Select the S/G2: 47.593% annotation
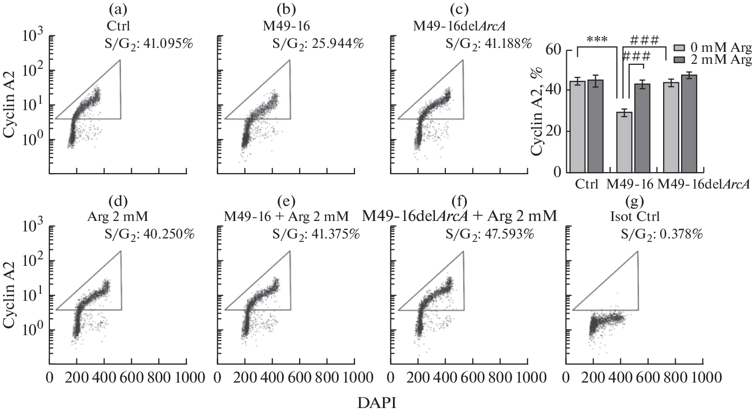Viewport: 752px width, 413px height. click(x=488, y=234)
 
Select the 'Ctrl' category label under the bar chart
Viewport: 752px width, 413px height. click(x=587, y=184)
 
